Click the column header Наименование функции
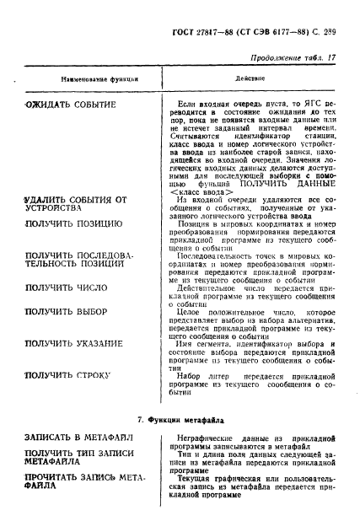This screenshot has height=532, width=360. coord(94,80)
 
